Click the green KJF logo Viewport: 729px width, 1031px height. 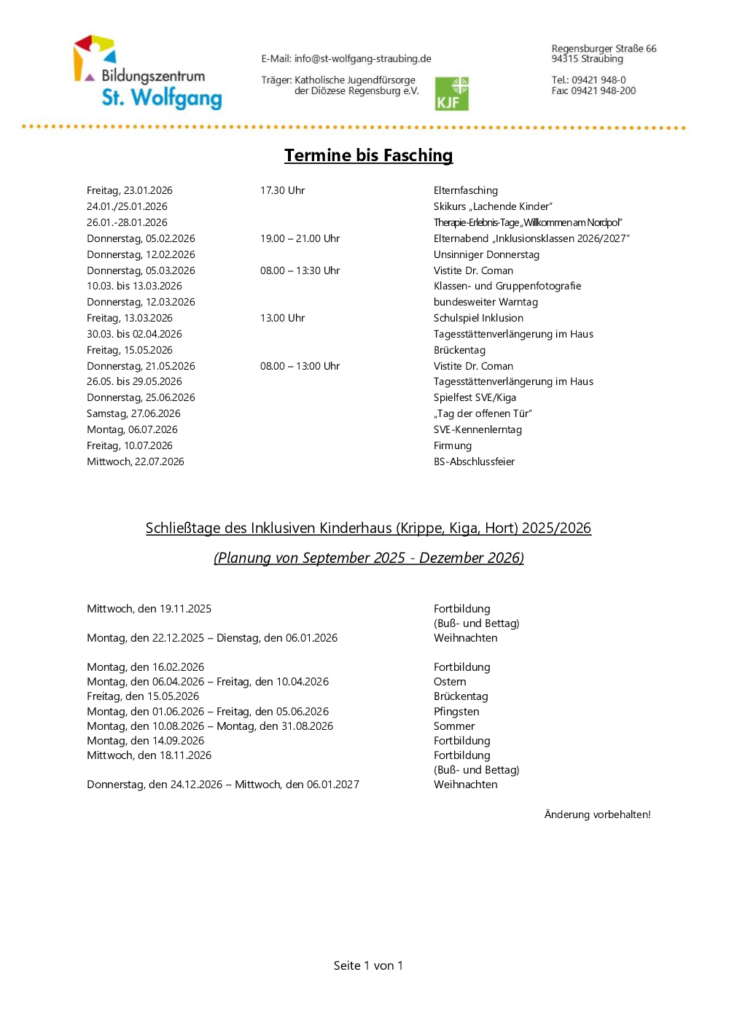451,94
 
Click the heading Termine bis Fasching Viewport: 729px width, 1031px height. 368,155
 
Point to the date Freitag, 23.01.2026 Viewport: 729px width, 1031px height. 130,190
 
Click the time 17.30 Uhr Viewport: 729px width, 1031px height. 282,190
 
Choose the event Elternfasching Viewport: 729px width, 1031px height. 465,190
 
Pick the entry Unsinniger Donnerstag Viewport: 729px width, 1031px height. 486,254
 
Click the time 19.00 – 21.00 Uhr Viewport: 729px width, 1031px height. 300,238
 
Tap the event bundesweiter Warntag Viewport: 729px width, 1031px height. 486,302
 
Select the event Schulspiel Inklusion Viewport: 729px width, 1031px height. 478,318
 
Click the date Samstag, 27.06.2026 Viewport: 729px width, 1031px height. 133,413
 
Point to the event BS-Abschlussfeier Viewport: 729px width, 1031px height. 474,462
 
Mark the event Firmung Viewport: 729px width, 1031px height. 453,446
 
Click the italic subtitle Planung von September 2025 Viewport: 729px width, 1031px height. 368,558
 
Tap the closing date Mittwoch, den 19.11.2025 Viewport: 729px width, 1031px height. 149,609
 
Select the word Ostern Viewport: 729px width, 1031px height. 450,682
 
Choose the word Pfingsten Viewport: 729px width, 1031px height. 456,712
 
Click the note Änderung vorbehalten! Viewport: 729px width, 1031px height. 597,814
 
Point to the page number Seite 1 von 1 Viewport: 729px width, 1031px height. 368,965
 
